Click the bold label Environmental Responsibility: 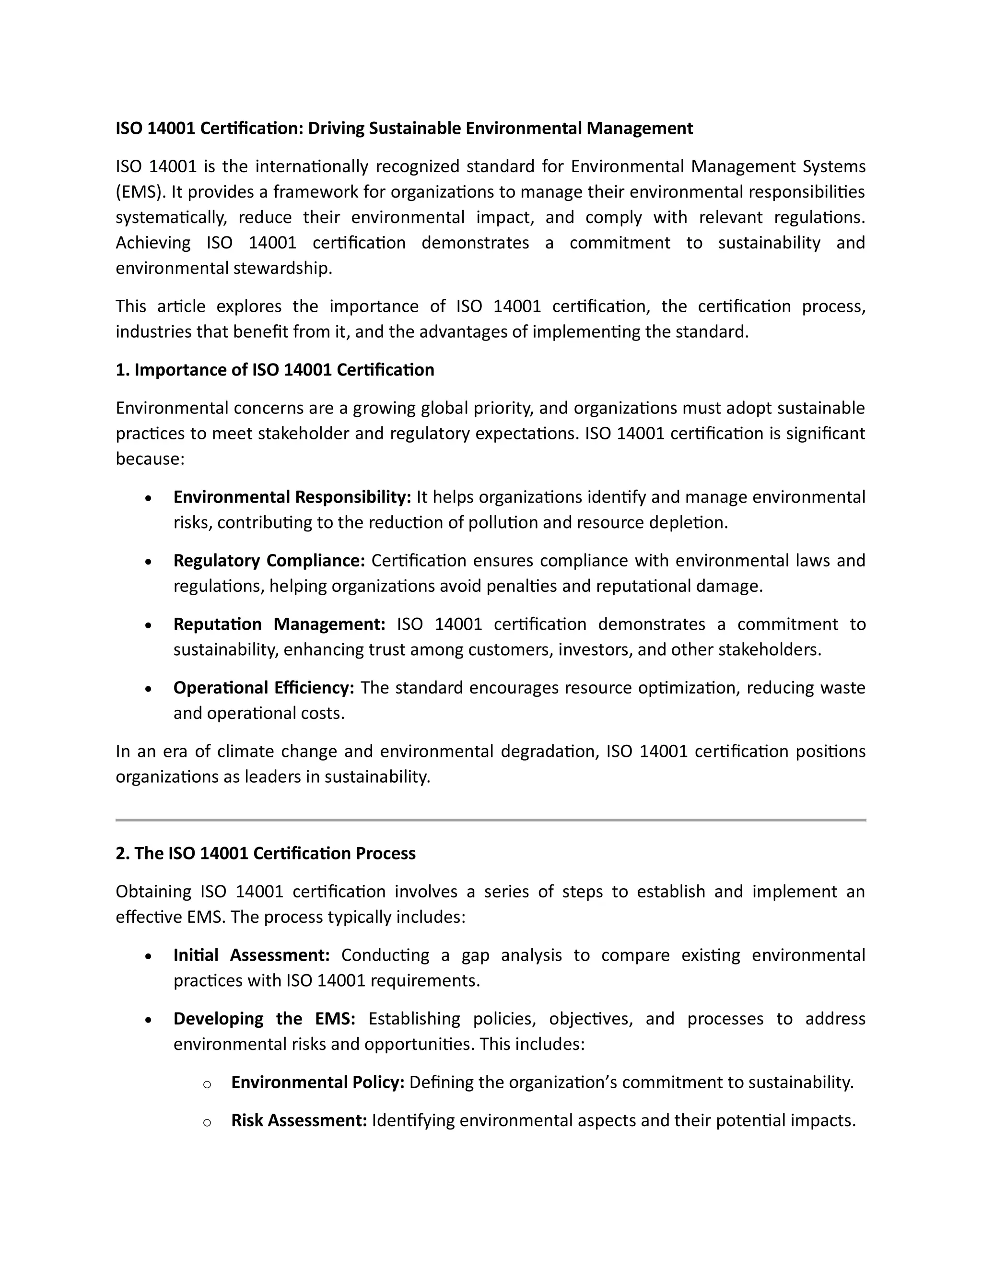[x=292, y=497]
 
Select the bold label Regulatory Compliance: [x=269, y=560]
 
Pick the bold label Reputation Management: [x=279, y=624]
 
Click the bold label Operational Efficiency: [x=264, y=688]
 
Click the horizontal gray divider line [x=491, y=820]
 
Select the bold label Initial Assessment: [x=251, y=955]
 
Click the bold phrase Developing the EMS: [x=264, y=1018]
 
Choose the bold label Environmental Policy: [x=317, y=1083]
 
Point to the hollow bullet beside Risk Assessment [x=207, y=1122]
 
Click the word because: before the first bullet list [x=150, y=459]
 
